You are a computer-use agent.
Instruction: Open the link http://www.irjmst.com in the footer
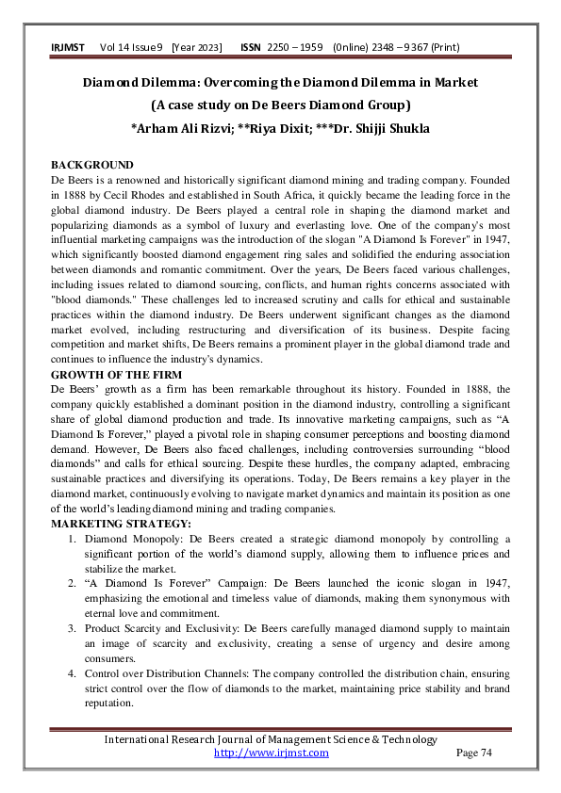pos(272,753)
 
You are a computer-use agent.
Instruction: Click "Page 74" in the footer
pos(474,753)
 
